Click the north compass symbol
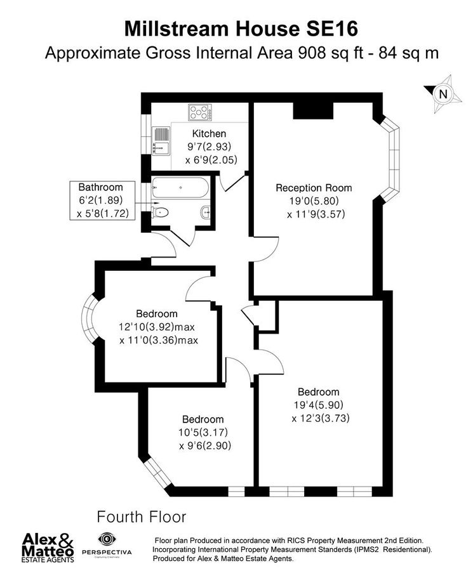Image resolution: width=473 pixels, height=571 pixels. point(442,93)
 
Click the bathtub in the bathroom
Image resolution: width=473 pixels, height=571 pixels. point(179,188)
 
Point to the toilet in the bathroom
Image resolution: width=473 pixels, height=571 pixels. point(161,212)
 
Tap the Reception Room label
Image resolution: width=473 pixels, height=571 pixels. point(314,188)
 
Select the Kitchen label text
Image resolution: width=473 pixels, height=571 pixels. point(209,134)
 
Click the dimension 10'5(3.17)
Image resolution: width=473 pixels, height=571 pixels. point(203,432)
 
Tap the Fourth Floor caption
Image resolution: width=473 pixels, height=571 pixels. point(141,515)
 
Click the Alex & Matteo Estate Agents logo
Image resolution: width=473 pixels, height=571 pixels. point(49,546)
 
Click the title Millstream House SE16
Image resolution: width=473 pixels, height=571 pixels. point(241,29)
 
